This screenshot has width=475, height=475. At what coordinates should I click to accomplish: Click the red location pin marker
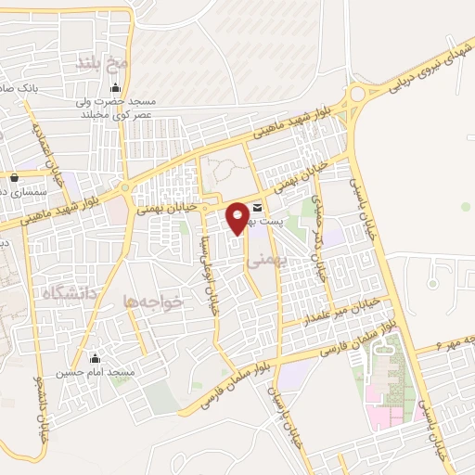tap(238, 218)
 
